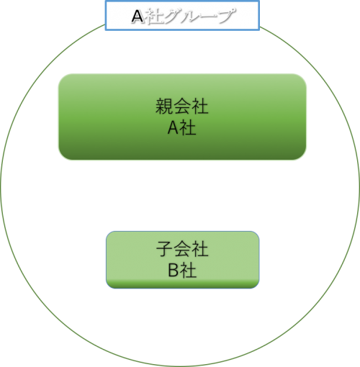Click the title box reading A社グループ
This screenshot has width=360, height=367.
[182, 16]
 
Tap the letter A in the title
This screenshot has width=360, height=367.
[138, 17]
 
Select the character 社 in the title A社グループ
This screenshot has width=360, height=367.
[154, 17]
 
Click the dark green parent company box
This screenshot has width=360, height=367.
[182, 117]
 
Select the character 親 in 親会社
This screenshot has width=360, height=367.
[164, 106]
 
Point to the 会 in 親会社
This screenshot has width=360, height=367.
[182, 106]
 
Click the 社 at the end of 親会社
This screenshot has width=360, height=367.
[199, 106]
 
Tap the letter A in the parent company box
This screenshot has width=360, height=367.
[173, 128]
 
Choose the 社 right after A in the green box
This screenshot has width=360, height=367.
[188, 127]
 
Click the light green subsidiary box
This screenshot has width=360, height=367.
[183, 260]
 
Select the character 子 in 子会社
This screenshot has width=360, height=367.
[165, 249]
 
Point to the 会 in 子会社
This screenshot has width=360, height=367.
[182, 249]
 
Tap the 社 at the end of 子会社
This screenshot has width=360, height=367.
[199, 249]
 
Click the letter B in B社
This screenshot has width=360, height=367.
[174, 270]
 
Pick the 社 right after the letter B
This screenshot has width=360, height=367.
[188, 270]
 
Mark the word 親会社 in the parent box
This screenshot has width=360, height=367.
[182, 106]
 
